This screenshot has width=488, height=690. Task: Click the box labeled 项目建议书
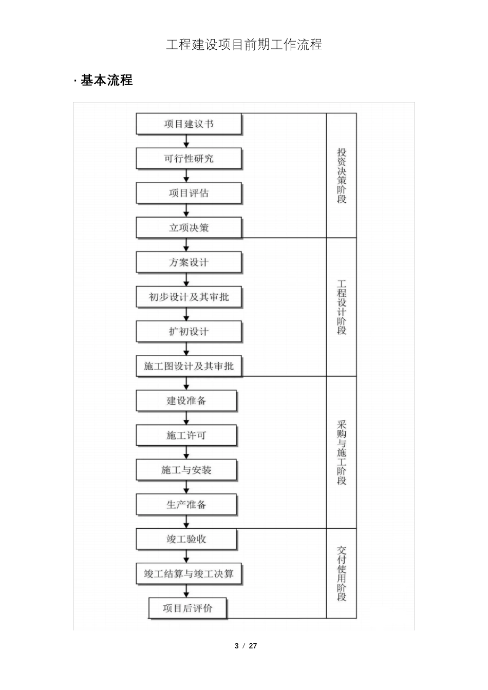[x=189, y=124]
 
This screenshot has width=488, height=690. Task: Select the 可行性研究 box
[x=189, y=158]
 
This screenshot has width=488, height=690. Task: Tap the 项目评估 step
[x=189, y=193]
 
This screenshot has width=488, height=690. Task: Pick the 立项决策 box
[x=189, y=227]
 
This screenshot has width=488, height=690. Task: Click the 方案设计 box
[x=189, y=262]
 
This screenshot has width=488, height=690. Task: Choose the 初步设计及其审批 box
[x=189, y=297]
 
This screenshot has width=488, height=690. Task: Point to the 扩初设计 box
[x=189, y=332]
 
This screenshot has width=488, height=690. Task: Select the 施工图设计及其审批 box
[x=189, y=366]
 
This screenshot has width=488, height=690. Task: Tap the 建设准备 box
[x=186, y=401]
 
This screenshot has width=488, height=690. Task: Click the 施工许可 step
[x=186, y=435]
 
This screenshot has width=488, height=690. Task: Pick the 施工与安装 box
[x=186, y=470]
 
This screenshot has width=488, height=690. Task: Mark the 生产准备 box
[x=186, y=505]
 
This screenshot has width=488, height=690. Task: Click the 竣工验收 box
[x=186, y=539]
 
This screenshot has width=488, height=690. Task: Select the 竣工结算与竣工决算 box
[x=189, y=573]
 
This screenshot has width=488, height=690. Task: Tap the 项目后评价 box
[x=187, y=608]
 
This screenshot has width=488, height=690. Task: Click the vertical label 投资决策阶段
[x=342, y=176]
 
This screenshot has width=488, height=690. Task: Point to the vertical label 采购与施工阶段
[x=342, y=452]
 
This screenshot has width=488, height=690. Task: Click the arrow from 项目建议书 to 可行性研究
[x=186, y=141]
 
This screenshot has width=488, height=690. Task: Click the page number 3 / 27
[x=246, y=646]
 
